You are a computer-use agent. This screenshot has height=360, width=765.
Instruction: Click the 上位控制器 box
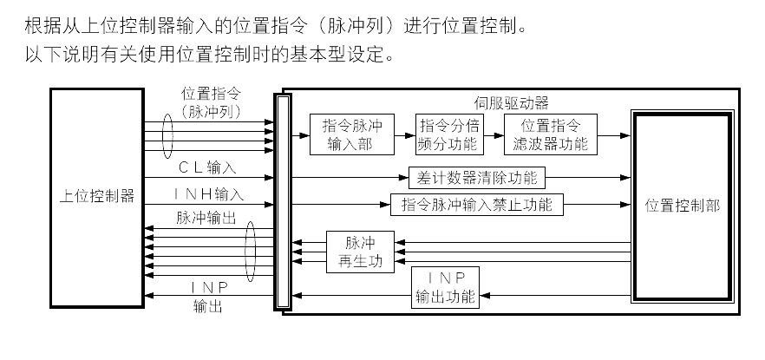[x=96, y=197]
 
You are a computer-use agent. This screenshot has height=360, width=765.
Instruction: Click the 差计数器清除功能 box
[x=477, y=178]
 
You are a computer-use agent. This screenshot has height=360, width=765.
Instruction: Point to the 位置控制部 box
[x=682, y=205]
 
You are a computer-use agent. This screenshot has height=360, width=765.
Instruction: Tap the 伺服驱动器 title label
[x=512, y=102]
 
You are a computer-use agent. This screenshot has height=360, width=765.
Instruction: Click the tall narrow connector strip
[x=279, y=201]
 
